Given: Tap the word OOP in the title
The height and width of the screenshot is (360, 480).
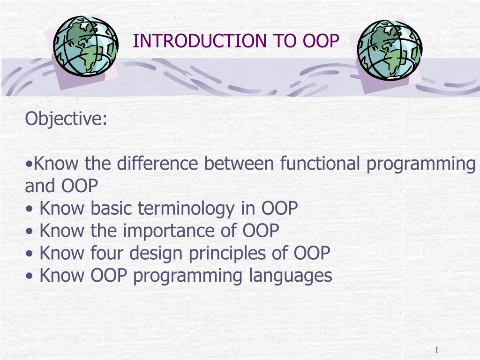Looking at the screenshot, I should (x=321, y=41).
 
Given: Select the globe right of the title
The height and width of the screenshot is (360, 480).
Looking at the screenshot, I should (x=390, y=50).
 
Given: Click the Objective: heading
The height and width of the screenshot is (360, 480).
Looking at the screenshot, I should (x=66, y=119).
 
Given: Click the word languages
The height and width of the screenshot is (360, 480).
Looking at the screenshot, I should (x=290, y=276).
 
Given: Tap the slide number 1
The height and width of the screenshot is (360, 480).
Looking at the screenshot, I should (x=436, y=350).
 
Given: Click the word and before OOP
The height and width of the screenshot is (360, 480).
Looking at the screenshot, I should (x=40, y=187).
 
